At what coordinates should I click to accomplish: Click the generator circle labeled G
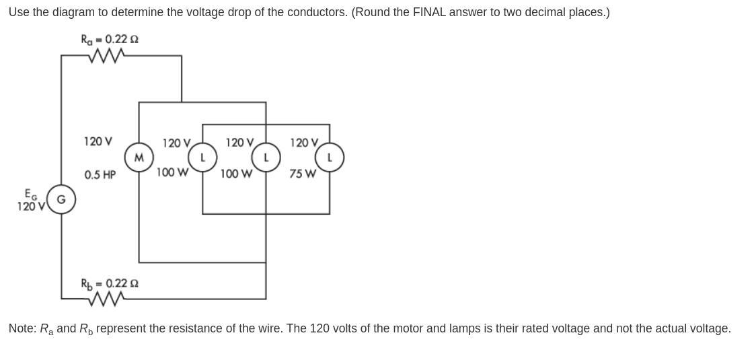(61, 199)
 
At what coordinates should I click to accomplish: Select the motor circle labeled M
(139, 158)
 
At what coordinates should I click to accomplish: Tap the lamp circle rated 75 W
(330, 157)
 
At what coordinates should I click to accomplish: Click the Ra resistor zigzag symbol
(106, 56)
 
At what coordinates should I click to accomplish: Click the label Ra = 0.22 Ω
(110, 40)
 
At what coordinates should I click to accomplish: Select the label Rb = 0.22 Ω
(110, 283)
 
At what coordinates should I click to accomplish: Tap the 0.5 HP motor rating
(100, 175)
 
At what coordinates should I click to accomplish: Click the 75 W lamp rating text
(303, 174)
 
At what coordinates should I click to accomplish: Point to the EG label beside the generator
(31, 194)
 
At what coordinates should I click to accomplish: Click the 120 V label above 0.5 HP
(98, 141)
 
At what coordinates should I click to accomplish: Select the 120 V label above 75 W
(304, 143)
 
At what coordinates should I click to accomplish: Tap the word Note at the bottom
(22, 328)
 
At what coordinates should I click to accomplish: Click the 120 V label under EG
(30, 207)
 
